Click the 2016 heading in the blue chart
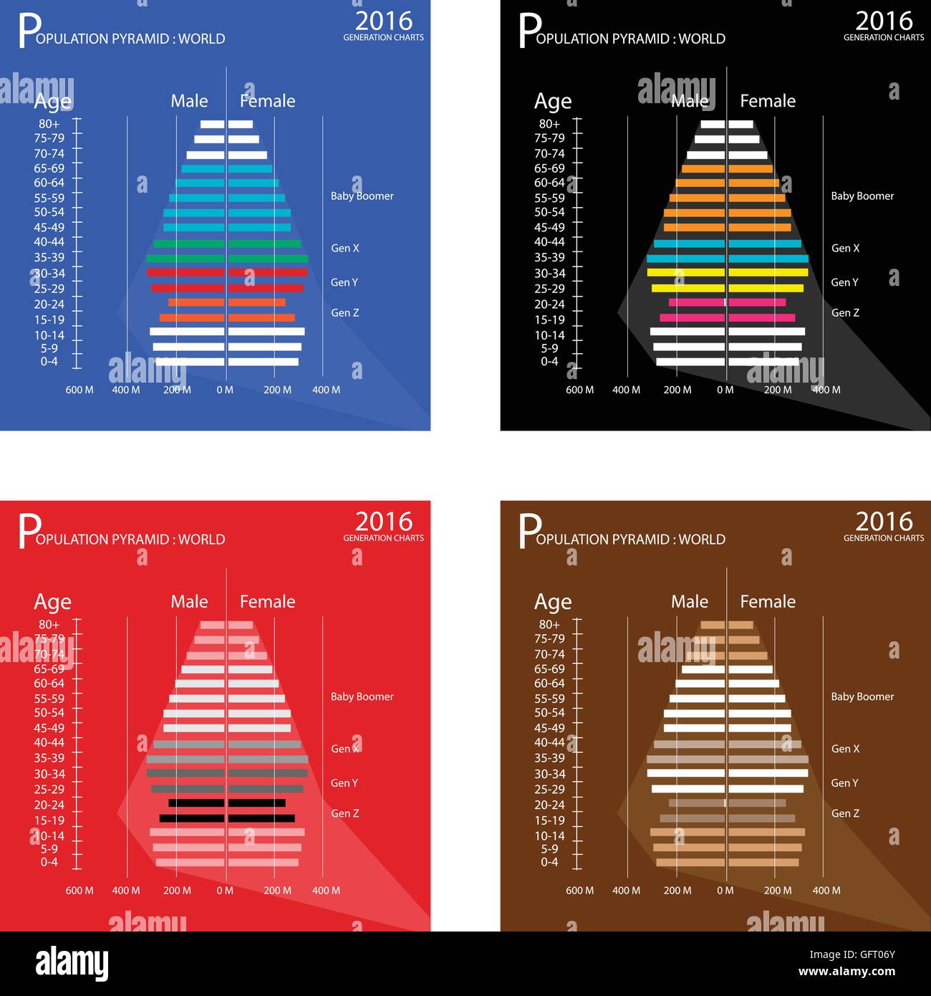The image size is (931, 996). coord(384,20)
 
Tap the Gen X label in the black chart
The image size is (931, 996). coord(845,248)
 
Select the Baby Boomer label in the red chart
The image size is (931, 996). coord(362,696)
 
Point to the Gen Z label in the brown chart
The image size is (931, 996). coord(845,813)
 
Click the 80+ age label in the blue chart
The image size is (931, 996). coord(49,124)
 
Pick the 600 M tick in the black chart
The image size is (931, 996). coord(579,390)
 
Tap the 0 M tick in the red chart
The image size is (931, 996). coord(225,891)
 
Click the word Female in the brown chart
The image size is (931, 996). coord(767,602)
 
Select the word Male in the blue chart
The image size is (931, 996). coord(189,101)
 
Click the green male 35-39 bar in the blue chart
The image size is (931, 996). coord(185,259)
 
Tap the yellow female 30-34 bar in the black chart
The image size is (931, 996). coord(768,272)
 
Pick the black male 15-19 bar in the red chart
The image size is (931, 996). coord(191,818)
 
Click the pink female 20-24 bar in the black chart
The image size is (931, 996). coord(757,302)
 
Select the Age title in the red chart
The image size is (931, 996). coord(52,602)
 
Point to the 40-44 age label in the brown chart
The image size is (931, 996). coord(549,743)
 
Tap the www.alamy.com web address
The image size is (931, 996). coord(846,972)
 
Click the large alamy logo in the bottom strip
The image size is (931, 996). coord(72,963)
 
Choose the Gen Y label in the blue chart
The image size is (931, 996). coord(344,282)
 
